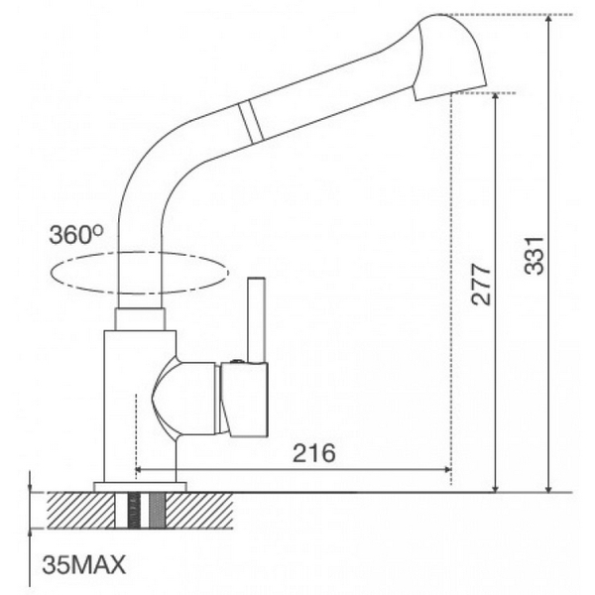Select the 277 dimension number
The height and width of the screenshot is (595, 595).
[479, 287]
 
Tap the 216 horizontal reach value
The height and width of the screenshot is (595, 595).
[314, 452]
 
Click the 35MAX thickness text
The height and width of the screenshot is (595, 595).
[84, 566]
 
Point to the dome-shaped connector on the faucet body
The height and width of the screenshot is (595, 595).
[184, 397]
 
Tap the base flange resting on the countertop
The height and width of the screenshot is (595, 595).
[140, 486]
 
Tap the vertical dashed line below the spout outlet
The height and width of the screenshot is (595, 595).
[452, 297]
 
